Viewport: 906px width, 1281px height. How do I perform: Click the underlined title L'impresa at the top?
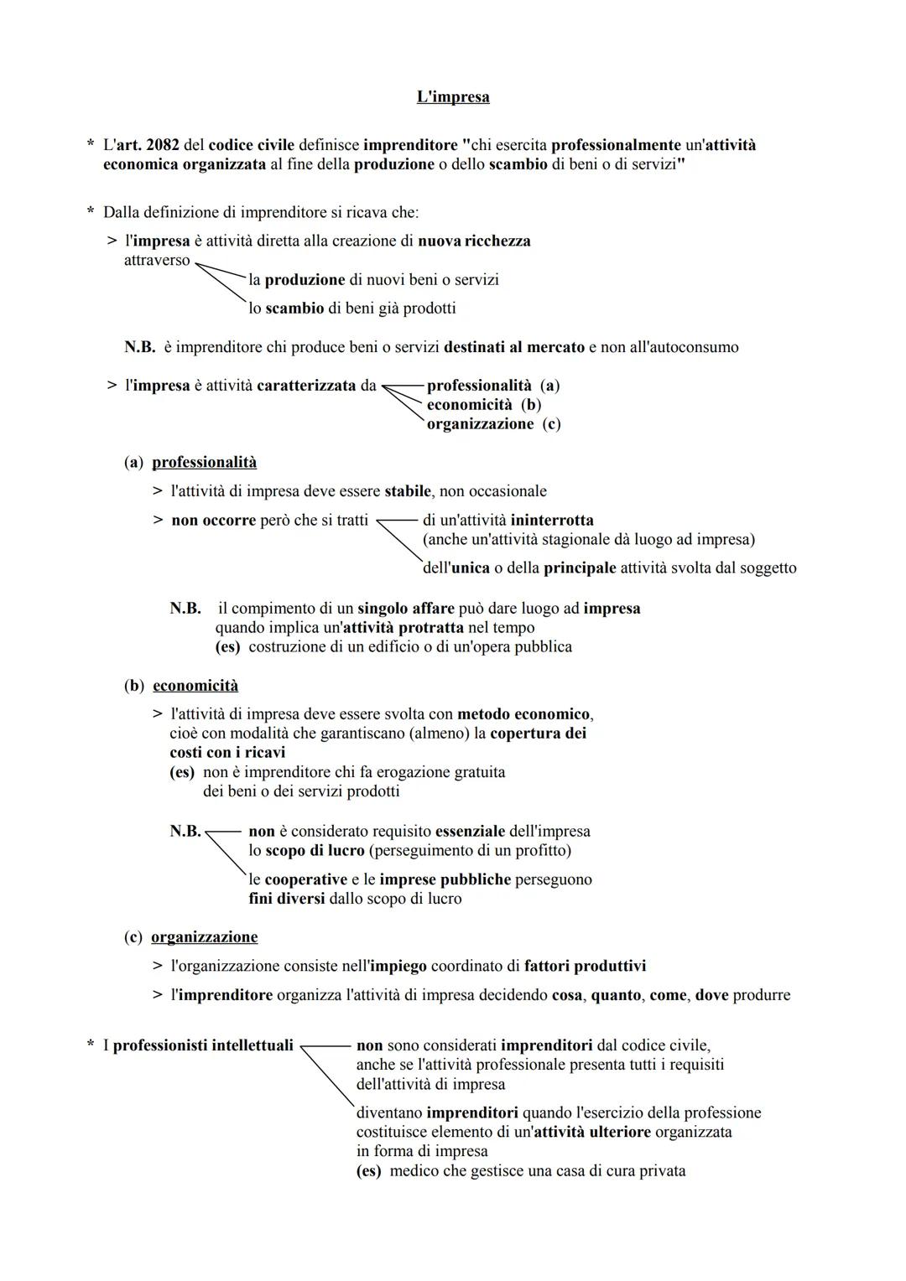click(x=453, y=97)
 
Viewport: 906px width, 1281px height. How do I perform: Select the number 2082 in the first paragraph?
click(x=162, y=145)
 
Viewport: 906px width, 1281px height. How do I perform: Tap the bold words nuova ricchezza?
click(x=474, y=241)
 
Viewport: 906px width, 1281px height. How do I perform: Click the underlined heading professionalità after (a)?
click(x=204, y=463)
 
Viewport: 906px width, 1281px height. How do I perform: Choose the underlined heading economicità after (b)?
click(x=195, y=686)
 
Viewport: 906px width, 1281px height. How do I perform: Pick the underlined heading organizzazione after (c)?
click(x=204, y=937)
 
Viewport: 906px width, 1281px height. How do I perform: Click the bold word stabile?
click(x=408, y=491)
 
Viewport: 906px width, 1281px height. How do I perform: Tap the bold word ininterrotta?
click(x=551, y=521)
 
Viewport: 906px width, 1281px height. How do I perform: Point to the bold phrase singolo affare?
click(x=405, y=609)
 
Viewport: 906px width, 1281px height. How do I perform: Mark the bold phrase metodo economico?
click(x=523, y=714)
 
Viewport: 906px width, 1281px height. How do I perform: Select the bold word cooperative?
click(x=305, y=880)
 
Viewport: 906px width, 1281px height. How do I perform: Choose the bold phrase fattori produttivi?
click(x=585, y=967)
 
